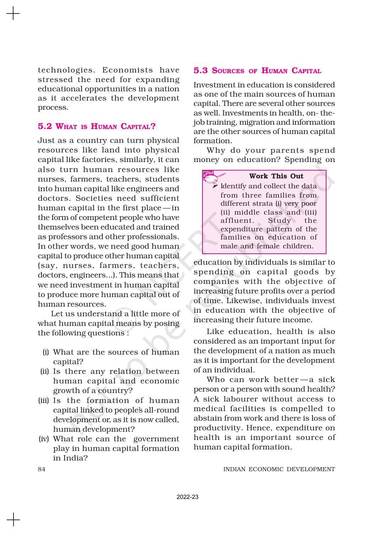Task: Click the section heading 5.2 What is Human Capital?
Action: [97, 126]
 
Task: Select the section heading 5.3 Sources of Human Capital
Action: [257, 71]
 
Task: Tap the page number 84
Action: [42, 469]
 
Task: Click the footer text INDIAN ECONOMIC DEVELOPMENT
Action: [279, 469]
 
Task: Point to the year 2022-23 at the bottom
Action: [188, 497]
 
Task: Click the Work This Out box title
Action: [276, 176]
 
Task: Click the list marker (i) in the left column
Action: [45, 352]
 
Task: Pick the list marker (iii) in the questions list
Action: [43, 400]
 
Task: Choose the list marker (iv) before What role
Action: [44, 439]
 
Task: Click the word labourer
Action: [245, 399]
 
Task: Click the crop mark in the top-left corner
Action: [13, 14]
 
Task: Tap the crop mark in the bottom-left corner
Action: [13, 519]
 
